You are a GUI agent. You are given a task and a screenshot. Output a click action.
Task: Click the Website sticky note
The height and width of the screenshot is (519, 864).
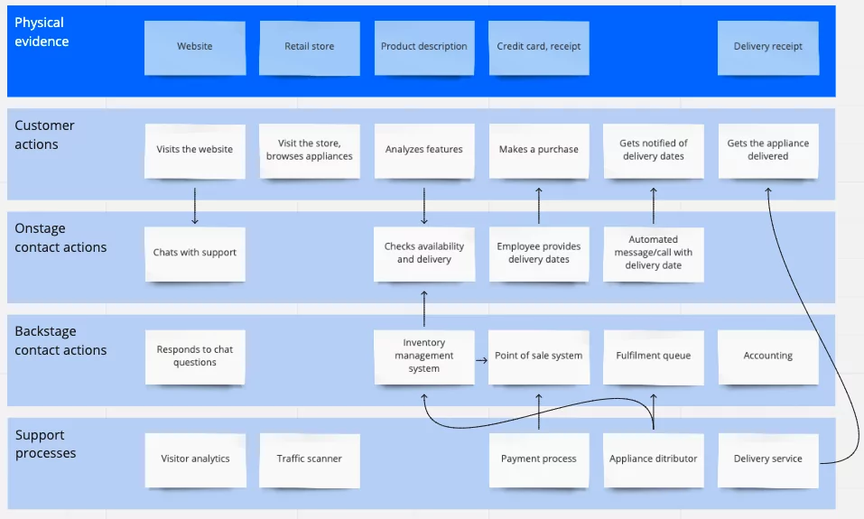pos(194,47)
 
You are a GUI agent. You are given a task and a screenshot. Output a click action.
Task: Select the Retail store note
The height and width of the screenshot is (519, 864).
pos(309,47)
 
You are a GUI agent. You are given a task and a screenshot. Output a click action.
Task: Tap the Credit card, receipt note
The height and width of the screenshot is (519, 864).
pos(538,47)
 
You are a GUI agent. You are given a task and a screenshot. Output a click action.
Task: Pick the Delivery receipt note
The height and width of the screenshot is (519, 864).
pos(767,47)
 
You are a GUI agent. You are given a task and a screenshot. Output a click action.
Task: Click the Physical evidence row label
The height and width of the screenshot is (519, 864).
pos(42,32)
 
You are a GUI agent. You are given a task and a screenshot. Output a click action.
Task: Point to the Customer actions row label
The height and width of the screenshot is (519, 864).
pos(44,134)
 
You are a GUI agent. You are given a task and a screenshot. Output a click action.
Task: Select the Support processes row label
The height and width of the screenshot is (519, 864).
pos(45,444)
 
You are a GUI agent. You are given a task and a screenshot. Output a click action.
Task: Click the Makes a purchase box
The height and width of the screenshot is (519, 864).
pos(538,150)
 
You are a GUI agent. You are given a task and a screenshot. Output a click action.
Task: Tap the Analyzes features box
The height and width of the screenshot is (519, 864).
pos(423,150)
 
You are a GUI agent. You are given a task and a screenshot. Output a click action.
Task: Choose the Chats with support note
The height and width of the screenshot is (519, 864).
pos(194,253)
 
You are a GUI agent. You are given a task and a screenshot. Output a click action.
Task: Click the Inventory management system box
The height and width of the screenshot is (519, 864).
pos(423,356)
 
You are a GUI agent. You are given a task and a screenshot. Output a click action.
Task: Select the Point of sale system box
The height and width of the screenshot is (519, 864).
pos(538,356)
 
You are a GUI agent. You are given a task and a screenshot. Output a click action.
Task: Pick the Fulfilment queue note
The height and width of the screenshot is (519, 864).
pos(653,356)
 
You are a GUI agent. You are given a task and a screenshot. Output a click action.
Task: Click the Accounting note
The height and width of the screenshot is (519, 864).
pos(767,356)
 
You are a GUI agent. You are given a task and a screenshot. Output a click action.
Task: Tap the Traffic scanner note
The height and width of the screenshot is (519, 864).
pos(309,459)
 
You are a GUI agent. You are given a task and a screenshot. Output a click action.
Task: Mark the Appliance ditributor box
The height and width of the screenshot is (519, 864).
pos(653,459)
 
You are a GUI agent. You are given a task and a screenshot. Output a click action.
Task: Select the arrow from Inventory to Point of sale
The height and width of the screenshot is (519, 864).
pos(480,356)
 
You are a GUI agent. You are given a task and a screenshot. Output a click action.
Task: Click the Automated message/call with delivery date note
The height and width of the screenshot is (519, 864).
pos(653,253)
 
